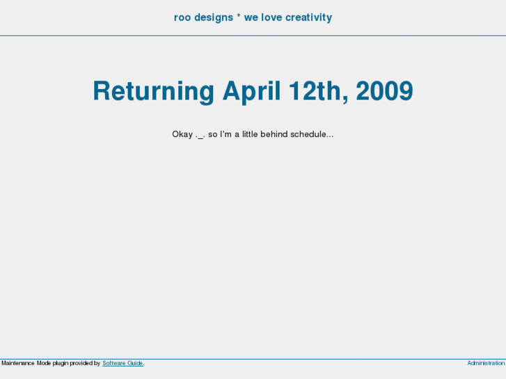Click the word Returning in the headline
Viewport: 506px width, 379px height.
[x=153, y=92]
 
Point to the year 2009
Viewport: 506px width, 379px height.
[x=384, y=92]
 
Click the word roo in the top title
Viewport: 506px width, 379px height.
[x=183, y=17]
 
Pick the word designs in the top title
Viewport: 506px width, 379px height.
[x=214, y=17]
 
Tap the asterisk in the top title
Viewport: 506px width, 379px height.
[x=239, y=17]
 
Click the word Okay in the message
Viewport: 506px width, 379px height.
[x=182, y=134]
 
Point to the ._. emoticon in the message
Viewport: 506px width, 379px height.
[x=200, y=134]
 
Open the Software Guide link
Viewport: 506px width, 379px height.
[x=122, y=363]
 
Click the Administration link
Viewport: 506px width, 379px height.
[x=486, y=363]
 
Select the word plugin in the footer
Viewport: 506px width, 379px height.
[x=61, y=363]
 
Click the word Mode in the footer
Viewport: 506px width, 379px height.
[x=44, y=363]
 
